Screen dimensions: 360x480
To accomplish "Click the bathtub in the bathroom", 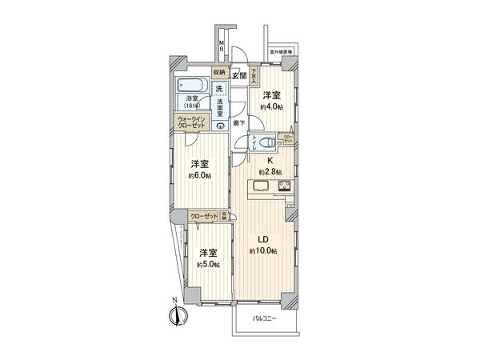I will [x=192, y=86].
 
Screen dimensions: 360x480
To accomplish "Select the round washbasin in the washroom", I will [x=219, y=126].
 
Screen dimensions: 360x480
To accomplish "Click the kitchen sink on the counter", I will [x=261, y=187].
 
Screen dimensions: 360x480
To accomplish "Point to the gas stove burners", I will [x=284, y=187].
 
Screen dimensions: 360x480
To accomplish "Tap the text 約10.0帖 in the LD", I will [x=264, y=251].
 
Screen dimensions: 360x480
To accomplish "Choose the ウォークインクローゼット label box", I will [x=192, y=123].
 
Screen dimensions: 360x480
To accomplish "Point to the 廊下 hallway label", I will [x=238, y=122].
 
